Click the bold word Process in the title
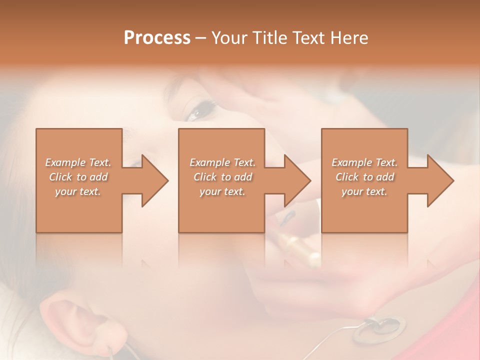(x=157, y=38)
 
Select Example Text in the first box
(x=78, y=162)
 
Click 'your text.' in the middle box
(x=222, y=191)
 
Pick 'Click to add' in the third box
(x=364, y=177)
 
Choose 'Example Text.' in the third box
(x=364, y=162)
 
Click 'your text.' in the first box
(x=78, y=191)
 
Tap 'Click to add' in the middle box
(x=222, y=177)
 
